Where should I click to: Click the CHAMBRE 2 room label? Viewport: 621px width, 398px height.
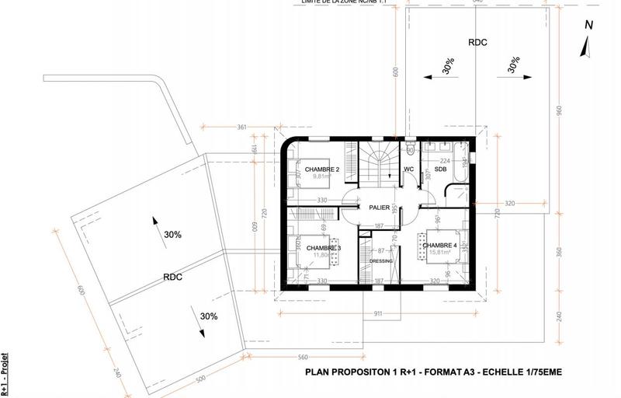pyautogui.click(x=322, y=169)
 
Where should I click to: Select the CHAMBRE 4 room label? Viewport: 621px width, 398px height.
pyautogui.click(x=442, y=246)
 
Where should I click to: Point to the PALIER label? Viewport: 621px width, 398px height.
pyautogui.click(x=379, y=208)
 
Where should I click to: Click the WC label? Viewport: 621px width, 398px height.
pyautogui.click(x=409, y=169)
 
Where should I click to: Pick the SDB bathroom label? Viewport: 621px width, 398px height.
pyautogui.click(x=441, y=169)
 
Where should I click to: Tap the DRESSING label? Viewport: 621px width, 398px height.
pyautogui.click(x=380, y=261)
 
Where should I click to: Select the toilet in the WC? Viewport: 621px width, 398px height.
pyautogui.click(x=409, y=148)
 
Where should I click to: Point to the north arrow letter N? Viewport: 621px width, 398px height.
pyautogui.click(x=588, y=25)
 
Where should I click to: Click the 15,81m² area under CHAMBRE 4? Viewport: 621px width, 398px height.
pyautogui.click(x=442, y=253)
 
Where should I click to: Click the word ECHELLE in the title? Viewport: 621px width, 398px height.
pyautogui.click(x=502, y=372)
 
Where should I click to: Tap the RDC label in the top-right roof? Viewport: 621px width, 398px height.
pyautogui.click(x=477, y=42)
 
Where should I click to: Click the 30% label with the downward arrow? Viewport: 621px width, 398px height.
pyautogui.click(x=208, y=316)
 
